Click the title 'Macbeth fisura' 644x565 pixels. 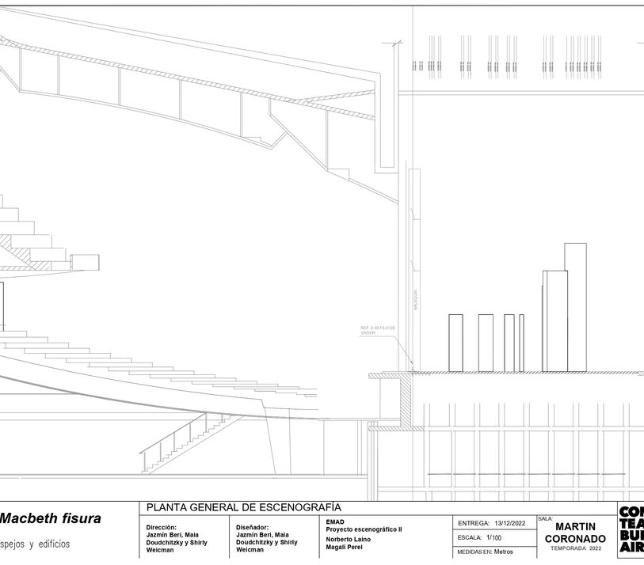coord(51,519)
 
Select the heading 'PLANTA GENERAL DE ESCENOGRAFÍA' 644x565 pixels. coord(243,506)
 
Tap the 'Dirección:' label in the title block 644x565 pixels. coord(161,527)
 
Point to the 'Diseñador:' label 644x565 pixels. coord(252,527)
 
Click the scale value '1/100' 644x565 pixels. coord(493,537)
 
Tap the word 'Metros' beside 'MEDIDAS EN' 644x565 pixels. coord(504,552)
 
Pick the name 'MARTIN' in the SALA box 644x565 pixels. coord(576,527)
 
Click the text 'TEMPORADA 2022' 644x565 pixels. coord(576,548)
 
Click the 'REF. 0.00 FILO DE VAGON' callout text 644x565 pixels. coord(377,331)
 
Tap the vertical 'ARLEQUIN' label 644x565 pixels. coord(414,301)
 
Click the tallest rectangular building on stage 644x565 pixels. coord(576,306)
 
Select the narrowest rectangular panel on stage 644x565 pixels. coord(521,343)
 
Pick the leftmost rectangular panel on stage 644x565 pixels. coord(455,343)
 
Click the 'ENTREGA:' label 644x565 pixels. coord(473,523)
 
